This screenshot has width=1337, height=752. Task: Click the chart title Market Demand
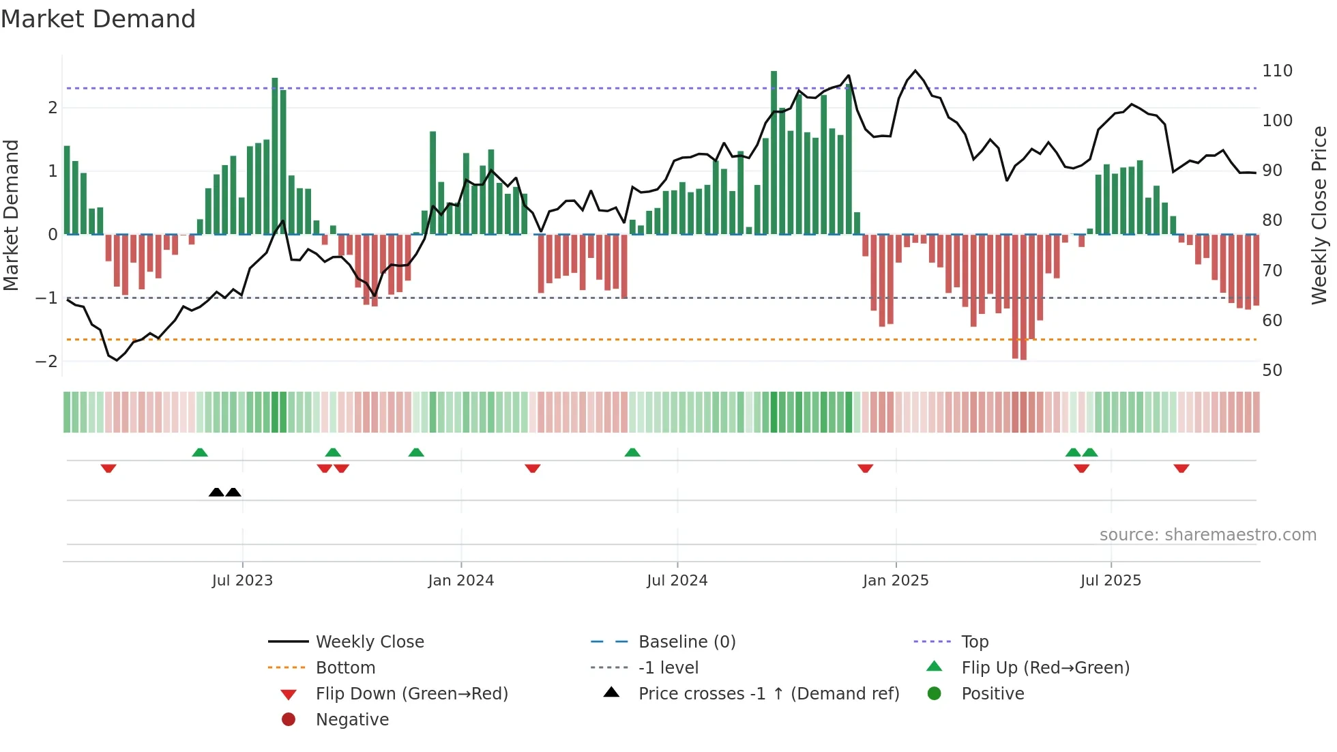tap(98, 19)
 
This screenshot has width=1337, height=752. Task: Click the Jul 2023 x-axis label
tap(242, 581)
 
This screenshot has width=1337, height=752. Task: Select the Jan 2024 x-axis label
tap(460, 581)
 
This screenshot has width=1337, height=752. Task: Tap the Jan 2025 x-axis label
tap(895, 581)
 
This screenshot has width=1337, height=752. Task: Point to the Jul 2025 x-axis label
tap(1110, 581)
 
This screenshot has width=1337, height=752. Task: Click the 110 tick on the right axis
tap(1277, 71)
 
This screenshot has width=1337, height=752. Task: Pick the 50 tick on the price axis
tap(1272, 371)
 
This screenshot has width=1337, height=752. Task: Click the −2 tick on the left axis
tap(46, 362)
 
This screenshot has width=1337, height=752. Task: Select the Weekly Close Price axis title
tap(1319, 215)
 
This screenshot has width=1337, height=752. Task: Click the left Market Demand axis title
tap(11, 215)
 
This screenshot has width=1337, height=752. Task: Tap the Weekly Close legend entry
tap(369, 642)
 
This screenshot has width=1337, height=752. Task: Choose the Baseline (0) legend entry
tap(686, 642)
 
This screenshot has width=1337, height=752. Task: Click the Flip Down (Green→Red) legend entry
tap(411, 694)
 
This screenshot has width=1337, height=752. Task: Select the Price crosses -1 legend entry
tap(768, 694)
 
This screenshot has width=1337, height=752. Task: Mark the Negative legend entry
tap(352, 720)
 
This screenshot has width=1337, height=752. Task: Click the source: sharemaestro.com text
tap(1207, 535)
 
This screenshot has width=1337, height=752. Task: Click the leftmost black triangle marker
tap(216, 492)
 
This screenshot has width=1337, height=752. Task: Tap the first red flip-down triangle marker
tap(108, 468)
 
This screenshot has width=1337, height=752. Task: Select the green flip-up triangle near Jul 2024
tap(632, 452)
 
